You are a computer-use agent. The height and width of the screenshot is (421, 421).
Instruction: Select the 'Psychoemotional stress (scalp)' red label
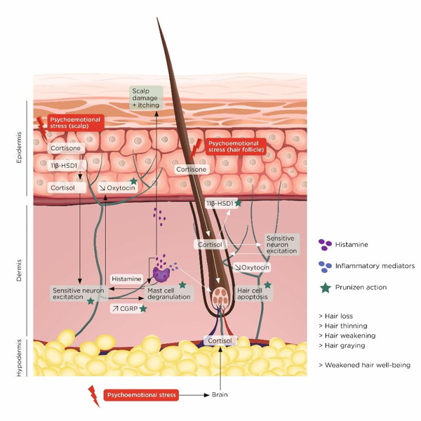(75, 124)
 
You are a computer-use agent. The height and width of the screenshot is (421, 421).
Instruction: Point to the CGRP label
(126, 308)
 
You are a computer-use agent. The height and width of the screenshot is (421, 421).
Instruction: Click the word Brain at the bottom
(220, 394)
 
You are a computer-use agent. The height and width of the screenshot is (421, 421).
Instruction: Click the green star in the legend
(324, 287)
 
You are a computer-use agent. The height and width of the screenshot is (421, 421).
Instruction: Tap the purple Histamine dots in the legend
(325, 245)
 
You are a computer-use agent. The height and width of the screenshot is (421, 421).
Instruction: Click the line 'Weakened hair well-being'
(364, 365)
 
